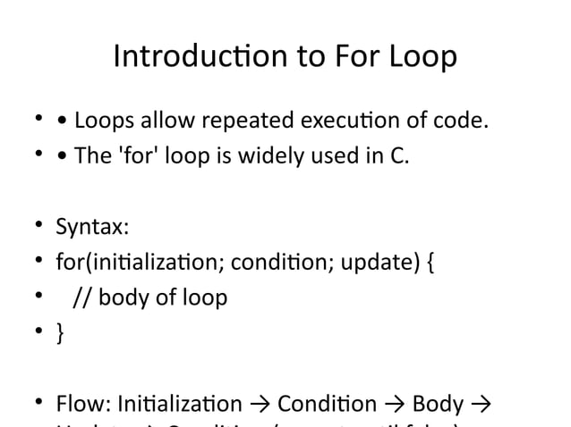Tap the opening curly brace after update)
(433, 264)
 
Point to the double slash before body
(81, 297)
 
